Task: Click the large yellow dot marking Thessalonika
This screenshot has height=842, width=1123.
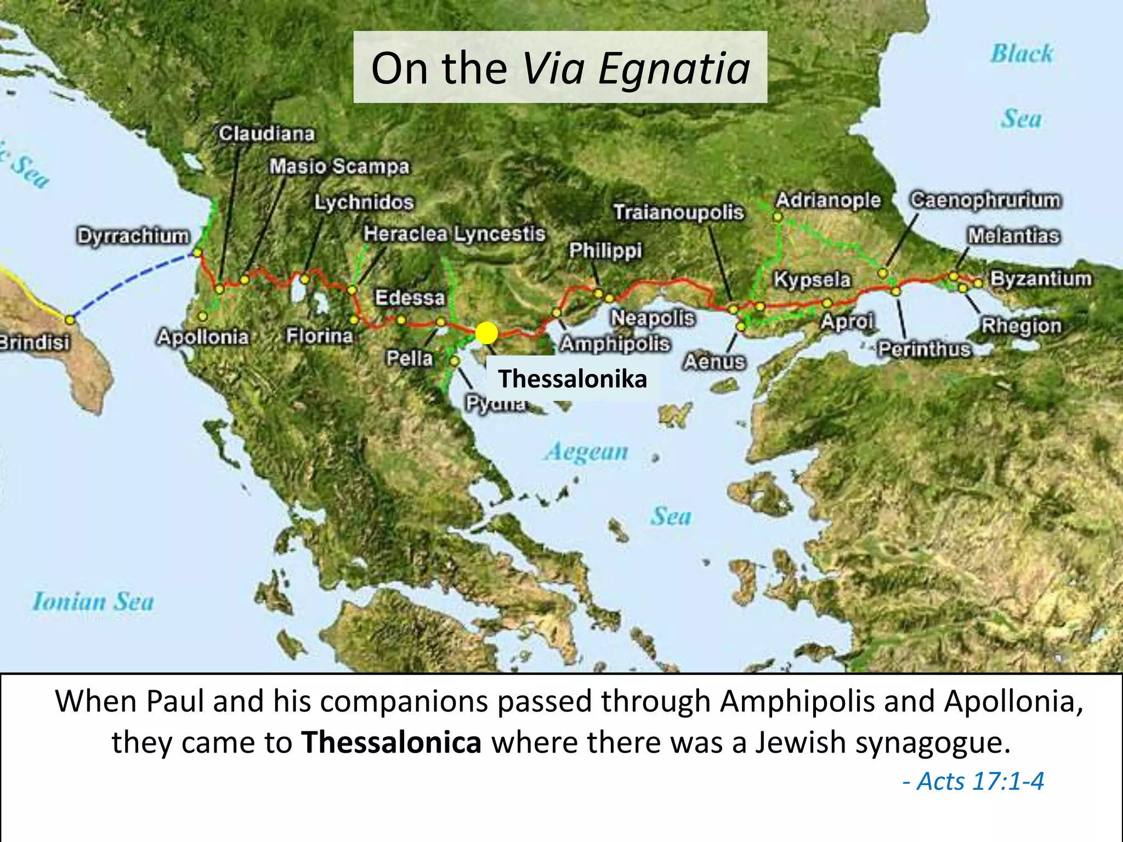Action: click(x=486, y=333)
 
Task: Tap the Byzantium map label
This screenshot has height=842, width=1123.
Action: click(x=1040, y=278)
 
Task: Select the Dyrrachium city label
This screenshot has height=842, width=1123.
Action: click(x=133, y=236)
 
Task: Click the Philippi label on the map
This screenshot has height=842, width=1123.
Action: click(x=605, y=251)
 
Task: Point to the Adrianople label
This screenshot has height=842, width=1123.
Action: click(x=827, y=200)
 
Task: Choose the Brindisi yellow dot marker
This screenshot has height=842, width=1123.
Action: click(x=70, y=320)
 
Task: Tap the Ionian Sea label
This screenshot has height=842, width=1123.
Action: click(x=93, y=601)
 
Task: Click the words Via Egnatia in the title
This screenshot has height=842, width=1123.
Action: click(x=636, y=69)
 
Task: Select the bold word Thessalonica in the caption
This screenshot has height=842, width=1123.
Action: click(x=392, y=742)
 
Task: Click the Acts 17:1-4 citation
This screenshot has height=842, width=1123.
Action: click(x=974, y=781)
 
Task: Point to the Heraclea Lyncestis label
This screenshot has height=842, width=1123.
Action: click(x=454, y=234)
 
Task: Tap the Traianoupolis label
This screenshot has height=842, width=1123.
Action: click(x=678, y=212)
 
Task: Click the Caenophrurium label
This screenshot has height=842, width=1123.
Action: click(x=985, y=200)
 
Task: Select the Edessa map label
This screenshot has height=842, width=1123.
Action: click(x=410, y=298)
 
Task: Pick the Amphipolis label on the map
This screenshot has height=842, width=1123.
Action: click(x=615, y=344)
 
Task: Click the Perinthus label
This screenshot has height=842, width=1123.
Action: click(x=924, y=349)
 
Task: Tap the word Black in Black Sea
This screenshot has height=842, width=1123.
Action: click(x=1022, y=54)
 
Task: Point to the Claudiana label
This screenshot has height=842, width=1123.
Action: click(x=266, y=134)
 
